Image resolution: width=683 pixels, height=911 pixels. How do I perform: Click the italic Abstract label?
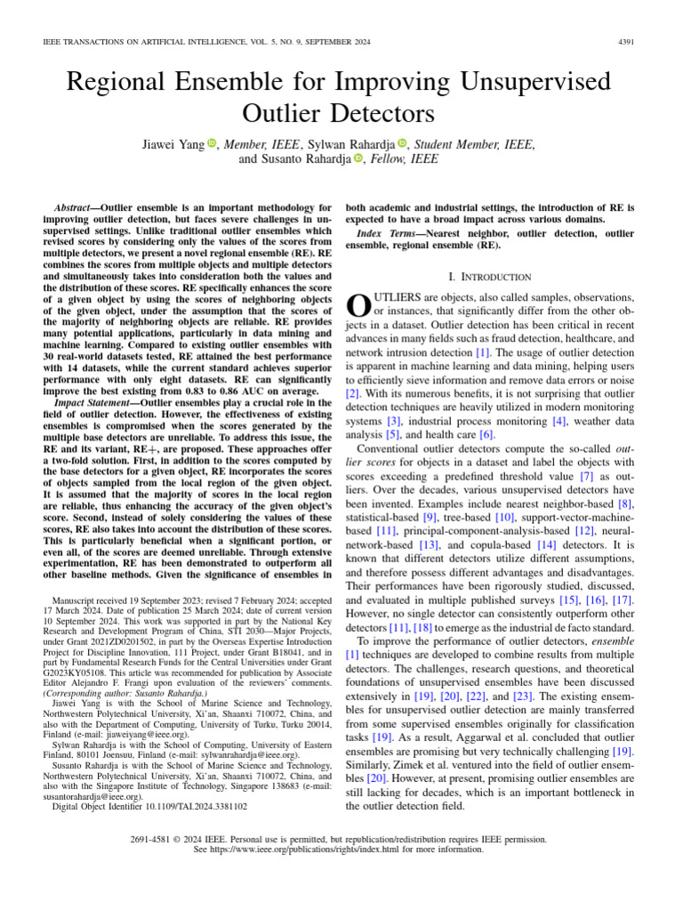pyautogui.click(x=75, y=206)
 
